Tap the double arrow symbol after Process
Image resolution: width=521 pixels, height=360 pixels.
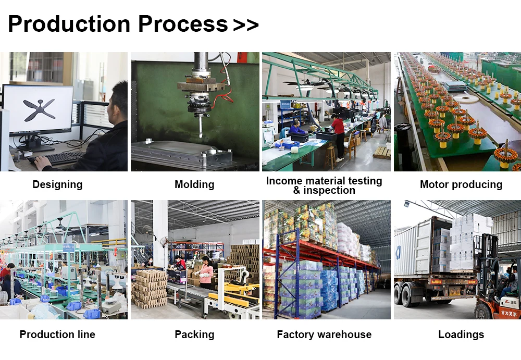click(246, 25)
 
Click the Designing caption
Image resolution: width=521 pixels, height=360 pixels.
click(57, 184)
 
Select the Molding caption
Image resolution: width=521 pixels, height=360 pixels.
click(194, 184)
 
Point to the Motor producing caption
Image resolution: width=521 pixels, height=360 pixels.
click(461, 184)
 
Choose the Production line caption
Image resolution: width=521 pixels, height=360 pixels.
click(57, 334)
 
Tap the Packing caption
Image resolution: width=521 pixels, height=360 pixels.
click(194, 334)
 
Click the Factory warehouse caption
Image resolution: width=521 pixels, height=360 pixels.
click(324, 334)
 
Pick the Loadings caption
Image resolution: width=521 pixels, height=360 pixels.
click(461, 334)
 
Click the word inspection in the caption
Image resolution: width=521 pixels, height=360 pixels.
click(329, 190)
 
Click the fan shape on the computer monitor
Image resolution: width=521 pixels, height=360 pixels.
click(39, 109)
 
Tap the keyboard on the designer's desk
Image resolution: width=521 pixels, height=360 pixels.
click(60, 158)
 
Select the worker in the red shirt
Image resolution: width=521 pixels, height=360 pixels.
click(338, 127)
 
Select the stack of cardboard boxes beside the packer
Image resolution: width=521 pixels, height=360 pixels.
click(149, 288)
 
